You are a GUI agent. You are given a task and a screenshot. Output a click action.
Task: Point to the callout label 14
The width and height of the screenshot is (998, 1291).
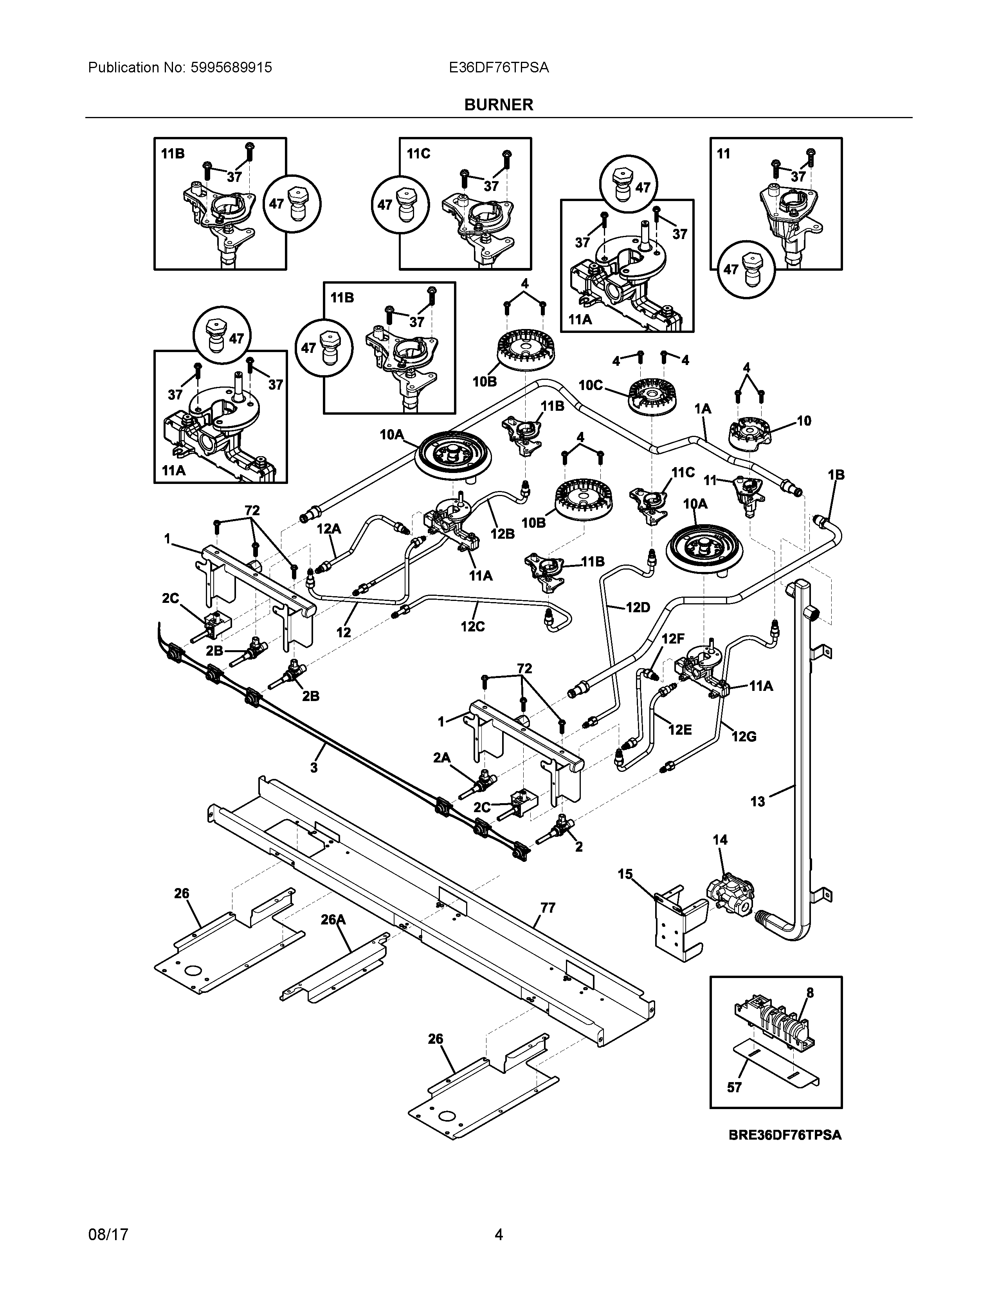coord(720,840)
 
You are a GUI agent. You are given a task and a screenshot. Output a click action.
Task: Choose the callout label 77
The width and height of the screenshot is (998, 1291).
coord(548,907)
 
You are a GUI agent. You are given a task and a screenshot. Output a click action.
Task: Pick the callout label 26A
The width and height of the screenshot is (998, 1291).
coord(333,919)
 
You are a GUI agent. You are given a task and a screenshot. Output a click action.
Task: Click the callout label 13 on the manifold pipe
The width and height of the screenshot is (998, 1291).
coord(757,802)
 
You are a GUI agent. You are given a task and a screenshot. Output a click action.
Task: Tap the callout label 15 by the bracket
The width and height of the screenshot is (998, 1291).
coord(625,874)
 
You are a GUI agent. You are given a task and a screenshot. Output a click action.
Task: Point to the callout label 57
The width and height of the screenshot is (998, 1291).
coord(734,1088)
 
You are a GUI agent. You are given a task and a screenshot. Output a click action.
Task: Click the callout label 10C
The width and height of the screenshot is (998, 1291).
coord(590,385)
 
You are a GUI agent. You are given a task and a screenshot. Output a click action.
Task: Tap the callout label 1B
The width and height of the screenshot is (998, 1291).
coord(836,475)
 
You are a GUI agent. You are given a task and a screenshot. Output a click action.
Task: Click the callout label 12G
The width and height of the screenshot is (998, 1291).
coord(744,737)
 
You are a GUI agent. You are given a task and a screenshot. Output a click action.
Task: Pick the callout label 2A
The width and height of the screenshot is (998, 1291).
coord(441,758)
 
